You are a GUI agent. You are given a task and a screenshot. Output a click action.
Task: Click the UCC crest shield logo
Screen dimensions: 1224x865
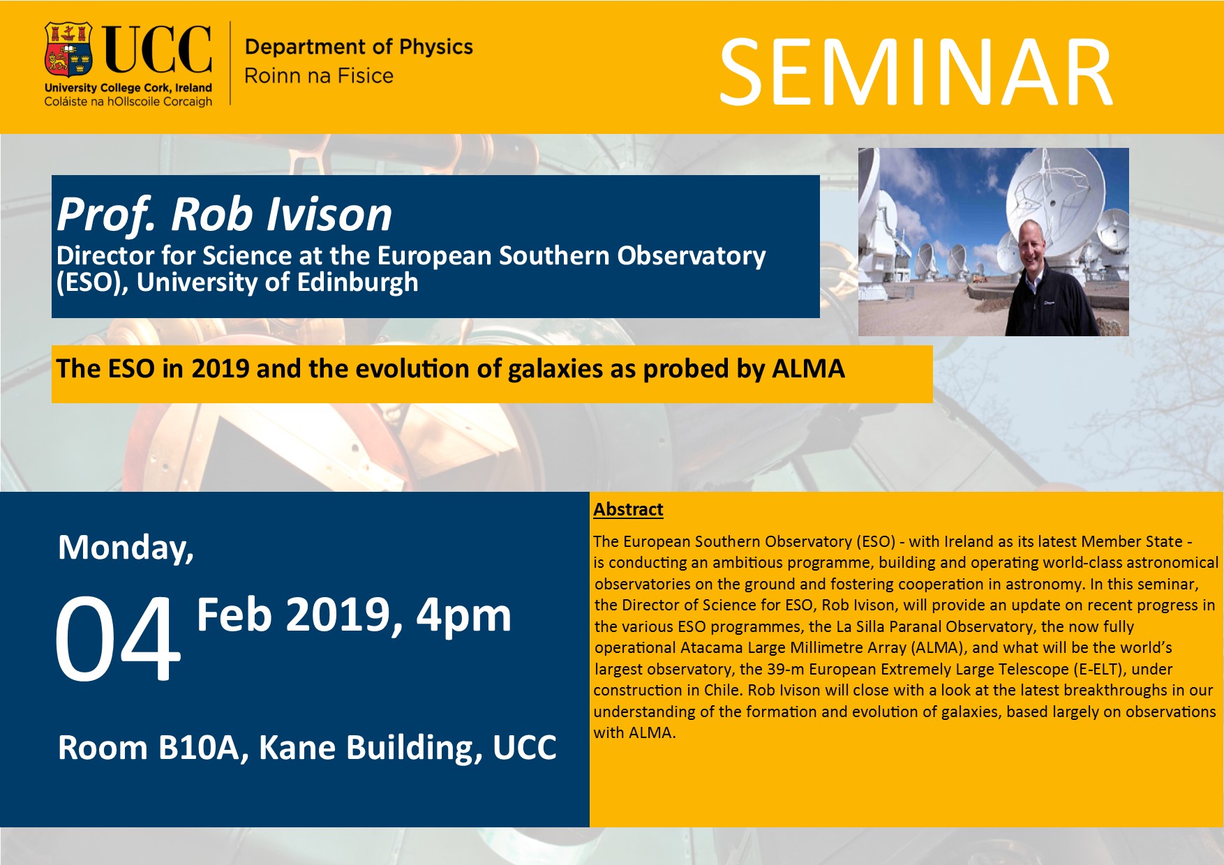(69, 50)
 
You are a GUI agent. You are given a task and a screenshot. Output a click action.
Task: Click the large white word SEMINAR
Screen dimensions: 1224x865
(916, 73)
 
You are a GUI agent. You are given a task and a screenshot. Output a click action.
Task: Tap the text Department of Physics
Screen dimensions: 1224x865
(359, 47)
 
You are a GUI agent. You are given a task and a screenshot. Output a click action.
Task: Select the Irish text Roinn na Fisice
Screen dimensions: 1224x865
(319, 75)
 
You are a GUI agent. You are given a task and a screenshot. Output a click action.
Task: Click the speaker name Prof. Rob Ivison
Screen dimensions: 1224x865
(225, 214)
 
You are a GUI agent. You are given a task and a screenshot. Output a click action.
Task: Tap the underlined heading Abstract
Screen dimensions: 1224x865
(628, 509)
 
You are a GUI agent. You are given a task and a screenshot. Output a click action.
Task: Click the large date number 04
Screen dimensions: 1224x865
(117, 639)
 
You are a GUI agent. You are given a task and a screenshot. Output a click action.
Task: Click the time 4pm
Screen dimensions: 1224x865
(464, 615)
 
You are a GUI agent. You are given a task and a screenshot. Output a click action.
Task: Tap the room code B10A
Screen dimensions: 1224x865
(202, 748)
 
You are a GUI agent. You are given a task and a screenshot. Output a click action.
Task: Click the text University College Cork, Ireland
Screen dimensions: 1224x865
(128, 88)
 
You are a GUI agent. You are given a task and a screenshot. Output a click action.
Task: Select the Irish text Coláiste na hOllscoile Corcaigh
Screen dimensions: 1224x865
(128, 102)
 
